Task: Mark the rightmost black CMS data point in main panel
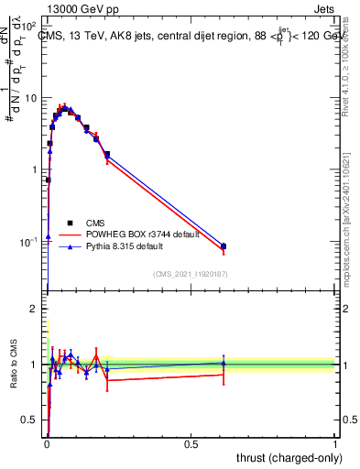coord(224,245)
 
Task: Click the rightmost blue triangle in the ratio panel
coord(224,363)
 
